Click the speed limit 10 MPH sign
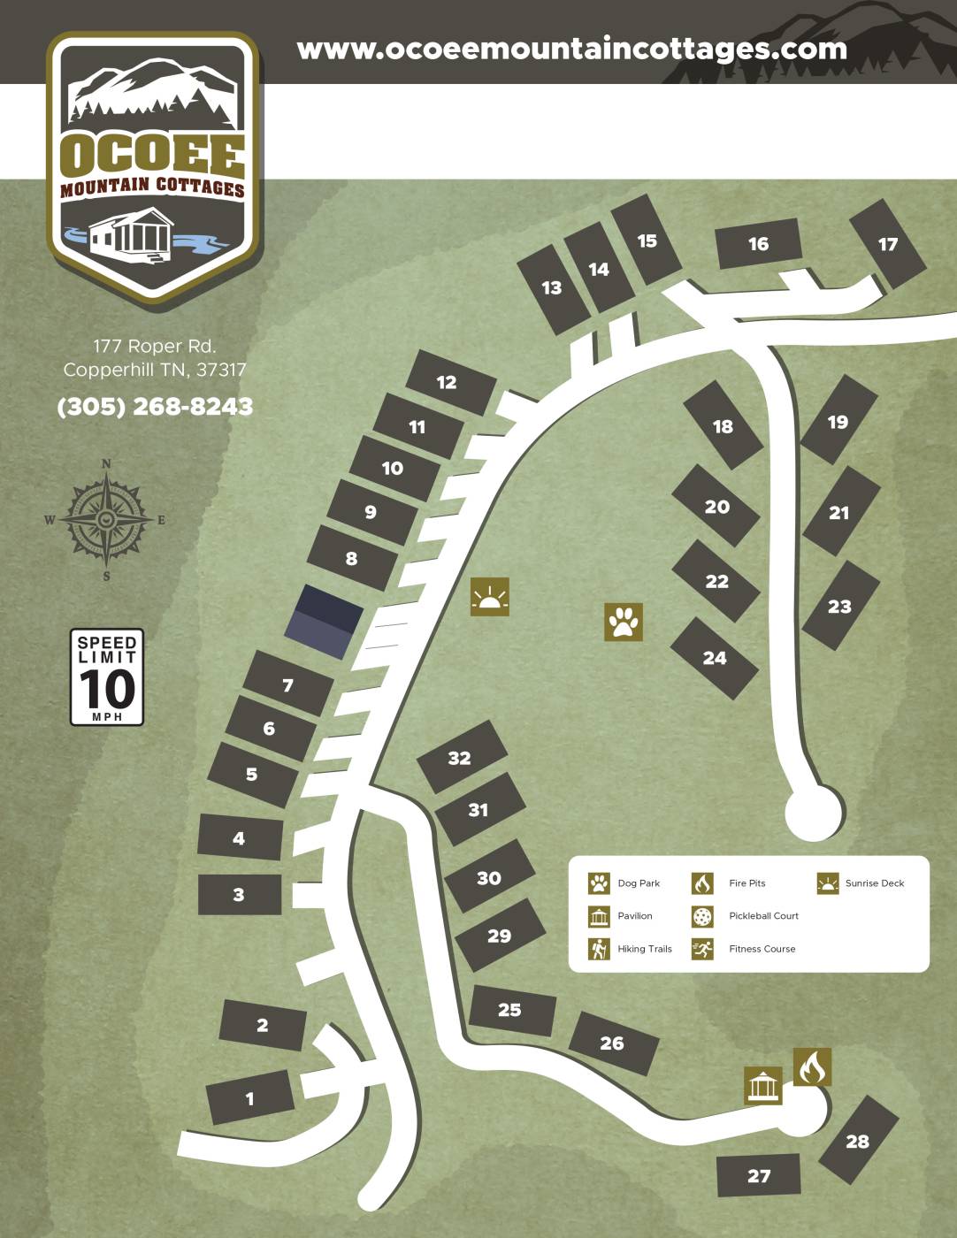[x=107, y=677]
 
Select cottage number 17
[x=887, y=244]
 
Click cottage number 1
[x=250, y=1098]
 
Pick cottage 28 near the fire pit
[x=857, y=1141]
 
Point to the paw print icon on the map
[x=624, y=622]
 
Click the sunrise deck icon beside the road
[x=490, y=597]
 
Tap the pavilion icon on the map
[x=762, y=1085]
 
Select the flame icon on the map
[x=812, y=1067]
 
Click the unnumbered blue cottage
[x=324, y=622]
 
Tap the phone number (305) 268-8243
[x=155, y=407]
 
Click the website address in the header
[x=571, y=49]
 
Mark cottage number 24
[x=715, y=658]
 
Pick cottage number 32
[x=460, y=758]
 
